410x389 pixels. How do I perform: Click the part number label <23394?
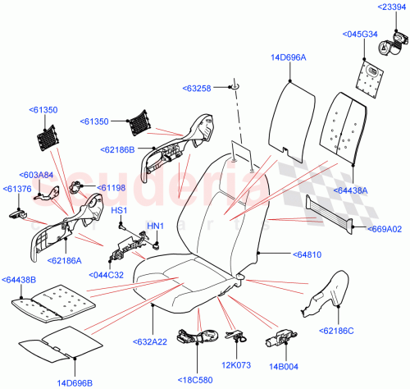pos(392,7)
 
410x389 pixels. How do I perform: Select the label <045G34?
pos(359,34)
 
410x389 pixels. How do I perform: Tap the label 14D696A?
pos(288,57)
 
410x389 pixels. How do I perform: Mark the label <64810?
pos(280,255)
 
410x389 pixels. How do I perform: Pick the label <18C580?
pos(197,380)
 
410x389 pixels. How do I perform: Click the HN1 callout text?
pos(154,226)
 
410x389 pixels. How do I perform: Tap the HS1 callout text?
pos(119,211)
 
